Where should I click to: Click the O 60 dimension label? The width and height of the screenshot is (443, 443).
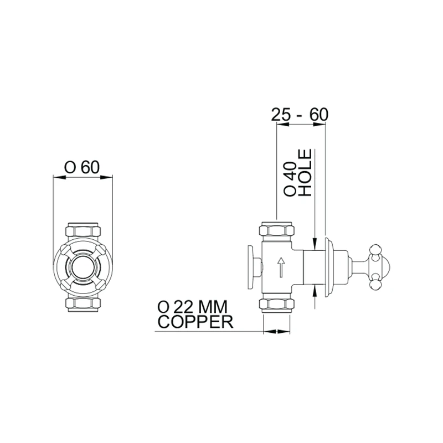point(82,167)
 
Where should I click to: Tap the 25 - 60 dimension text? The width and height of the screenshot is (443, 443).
point(300,115)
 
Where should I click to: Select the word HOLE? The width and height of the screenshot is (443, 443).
point(306,173)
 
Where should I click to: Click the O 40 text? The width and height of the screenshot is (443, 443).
point(290,179)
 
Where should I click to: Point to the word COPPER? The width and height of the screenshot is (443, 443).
point(195,322)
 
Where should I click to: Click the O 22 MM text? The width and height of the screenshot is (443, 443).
point(192,307)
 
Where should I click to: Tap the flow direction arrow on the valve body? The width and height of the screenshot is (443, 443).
point(281,267)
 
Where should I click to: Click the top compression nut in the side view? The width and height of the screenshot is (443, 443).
point(277,230)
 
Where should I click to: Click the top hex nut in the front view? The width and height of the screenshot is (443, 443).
point(83,230)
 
